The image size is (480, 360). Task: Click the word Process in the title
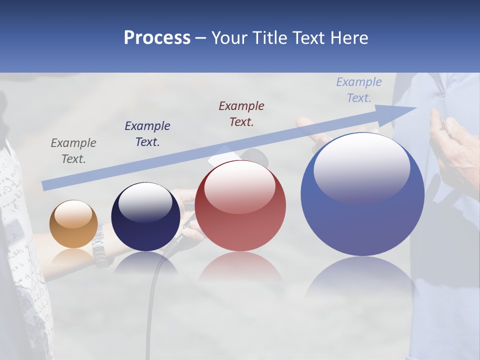tap(157, 37)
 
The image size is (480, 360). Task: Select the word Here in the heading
tap(349, 37)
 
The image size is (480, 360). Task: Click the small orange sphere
tap(73, 224)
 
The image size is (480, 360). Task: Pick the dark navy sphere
tap(145, 217)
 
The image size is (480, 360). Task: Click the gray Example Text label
tap(73, 150)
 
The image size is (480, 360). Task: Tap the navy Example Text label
tap(147, 133)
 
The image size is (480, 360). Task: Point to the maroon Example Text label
tap(241, 113)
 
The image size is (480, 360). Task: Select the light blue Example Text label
tap(358, 90)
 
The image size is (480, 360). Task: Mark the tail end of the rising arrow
tap(45, 185)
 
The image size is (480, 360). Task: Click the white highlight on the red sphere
tap(240, 186)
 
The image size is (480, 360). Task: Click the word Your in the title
tap(229, 37)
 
